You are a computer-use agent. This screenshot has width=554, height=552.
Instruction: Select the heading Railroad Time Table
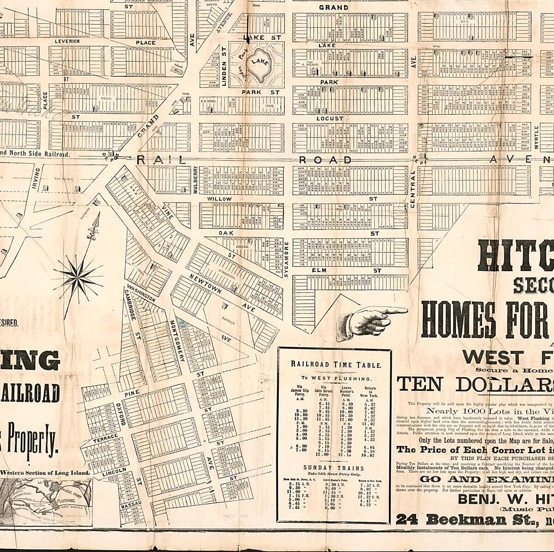[336, 364]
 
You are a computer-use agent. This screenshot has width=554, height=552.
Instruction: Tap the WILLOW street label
[219, 199]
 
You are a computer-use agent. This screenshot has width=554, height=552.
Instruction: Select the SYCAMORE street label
[286, 259]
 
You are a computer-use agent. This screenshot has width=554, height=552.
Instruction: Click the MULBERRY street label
[195, 180]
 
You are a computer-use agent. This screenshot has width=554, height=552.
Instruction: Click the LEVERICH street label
[67, 41]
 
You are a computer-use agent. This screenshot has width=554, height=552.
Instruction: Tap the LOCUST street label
[330, 118]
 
